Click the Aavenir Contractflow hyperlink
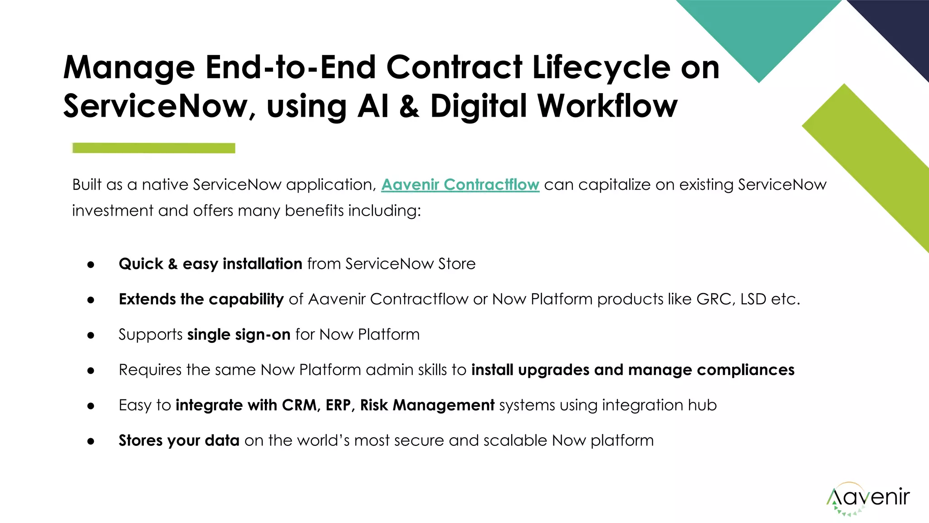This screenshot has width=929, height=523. [x=460, y=185]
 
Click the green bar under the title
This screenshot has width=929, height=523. [x=154, y=148]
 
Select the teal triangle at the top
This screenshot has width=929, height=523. [x=759, y=32]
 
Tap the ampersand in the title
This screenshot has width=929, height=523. [x=409, y=106]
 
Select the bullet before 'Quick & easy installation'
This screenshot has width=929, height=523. [x=91, y=264]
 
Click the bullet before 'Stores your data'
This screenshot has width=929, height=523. [x=91, y=441]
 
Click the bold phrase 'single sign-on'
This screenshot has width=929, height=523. [x=239, y=335]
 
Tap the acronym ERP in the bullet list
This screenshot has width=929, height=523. [x=338, y=405]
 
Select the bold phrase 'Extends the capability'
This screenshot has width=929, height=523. [x=201, y=299]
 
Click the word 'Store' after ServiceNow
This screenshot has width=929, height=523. [x=457, y=264]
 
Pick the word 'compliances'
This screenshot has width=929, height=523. [x=745, y=370]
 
